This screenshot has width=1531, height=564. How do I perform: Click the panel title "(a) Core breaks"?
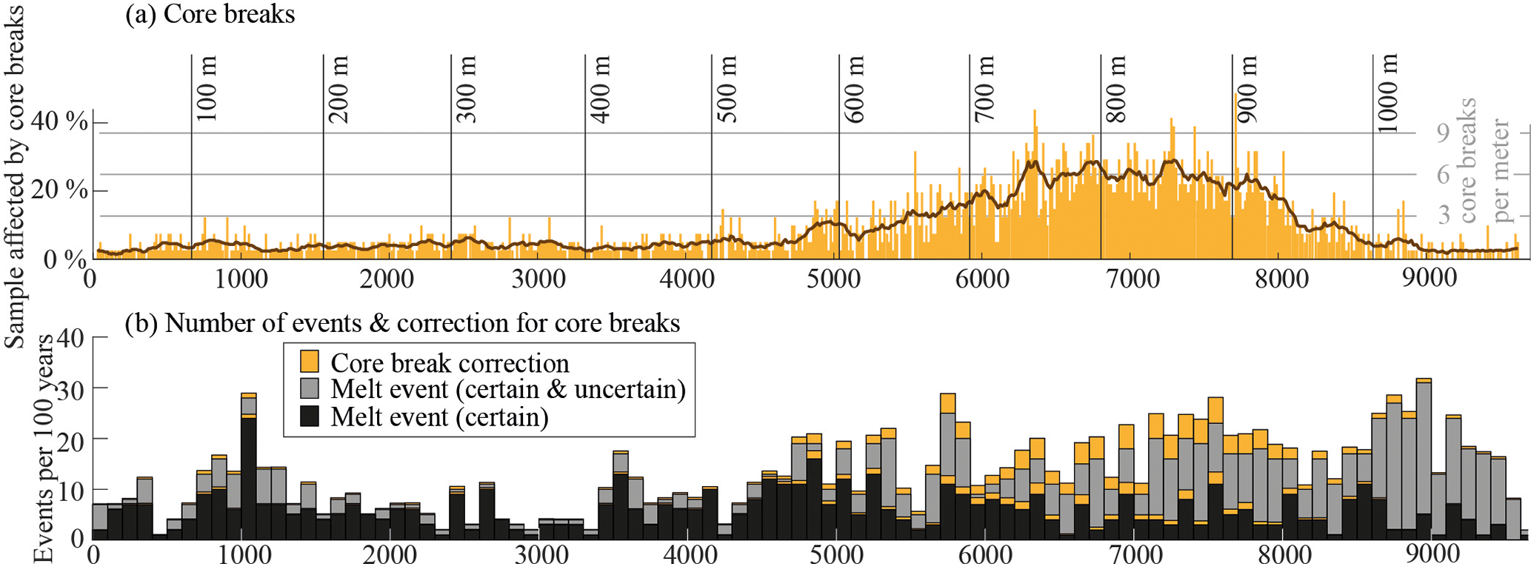[x=210, y=15]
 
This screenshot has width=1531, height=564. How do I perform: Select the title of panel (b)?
[x=402, y=323]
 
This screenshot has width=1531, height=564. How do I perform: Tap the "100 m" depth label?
[x=207, y=90]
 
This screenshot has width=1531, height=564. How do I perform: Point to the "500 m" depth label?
[x=727, y=90]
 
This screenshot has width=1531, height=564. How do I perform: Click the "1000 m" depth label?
[x=1389, y=93]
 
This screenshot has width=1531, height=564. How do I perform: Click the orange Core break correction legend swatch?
[x=310, y=362]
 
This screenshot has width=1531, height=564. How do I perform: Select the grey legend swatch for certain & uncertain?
[x=310, y=389]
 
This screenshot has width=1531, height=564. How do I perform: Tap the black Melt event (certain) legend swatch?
[x=310, y=417]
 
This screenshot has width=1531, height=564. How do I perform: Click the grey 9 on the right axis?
[x=1443, y=133]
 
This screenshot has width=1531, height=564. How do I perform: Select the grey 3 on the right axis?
[x=1443, y=216]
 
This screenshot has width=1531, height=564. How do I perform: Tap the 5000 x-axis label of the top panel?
[x=835, y=279]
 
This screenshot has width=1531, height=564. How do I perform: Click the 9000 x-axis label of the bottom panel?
[x=1431, y=554]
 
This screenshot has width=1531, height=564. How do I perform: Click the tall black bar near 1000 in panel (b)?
[x=248, y=474]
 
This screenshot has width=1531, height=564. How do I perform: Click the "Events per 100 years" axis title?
[x=46, y=448]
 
